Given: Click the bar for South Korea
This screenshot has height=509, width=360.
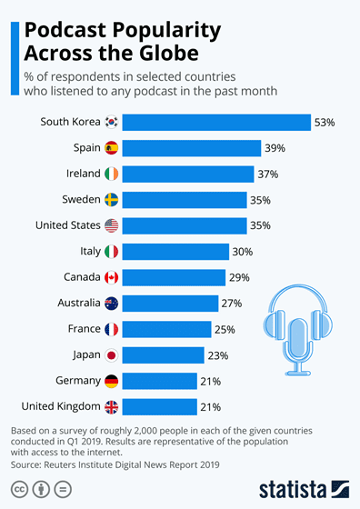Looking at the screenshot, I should [216, 122].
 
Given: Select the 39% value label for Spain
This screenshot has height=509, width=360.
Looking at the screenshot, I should [275, 148].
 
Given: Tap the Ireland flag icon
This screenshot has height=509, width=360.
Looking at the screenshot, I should [111, 174].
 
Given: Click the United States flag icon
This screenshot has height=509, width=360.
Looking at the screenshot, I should [111, 225].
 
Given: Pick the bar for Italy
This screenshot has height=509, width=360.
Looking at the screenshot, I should [174, 252].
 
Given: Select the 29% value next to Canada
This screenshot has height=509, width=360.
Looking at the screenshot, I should [240, 277].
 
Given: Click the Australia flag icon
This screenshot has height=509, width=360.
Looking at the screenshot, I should [111, 304].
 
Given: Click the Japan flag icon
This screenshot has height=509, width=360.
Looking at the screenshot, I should [111, 355].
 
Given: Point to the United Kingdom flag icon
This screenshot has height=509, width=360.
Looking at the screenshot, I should [111, 407].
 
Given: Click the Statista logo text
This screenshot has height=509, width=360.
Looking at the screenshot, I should [291, 488].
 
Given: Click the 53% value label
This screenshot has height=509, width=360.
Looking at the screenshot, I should [325, 122].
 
